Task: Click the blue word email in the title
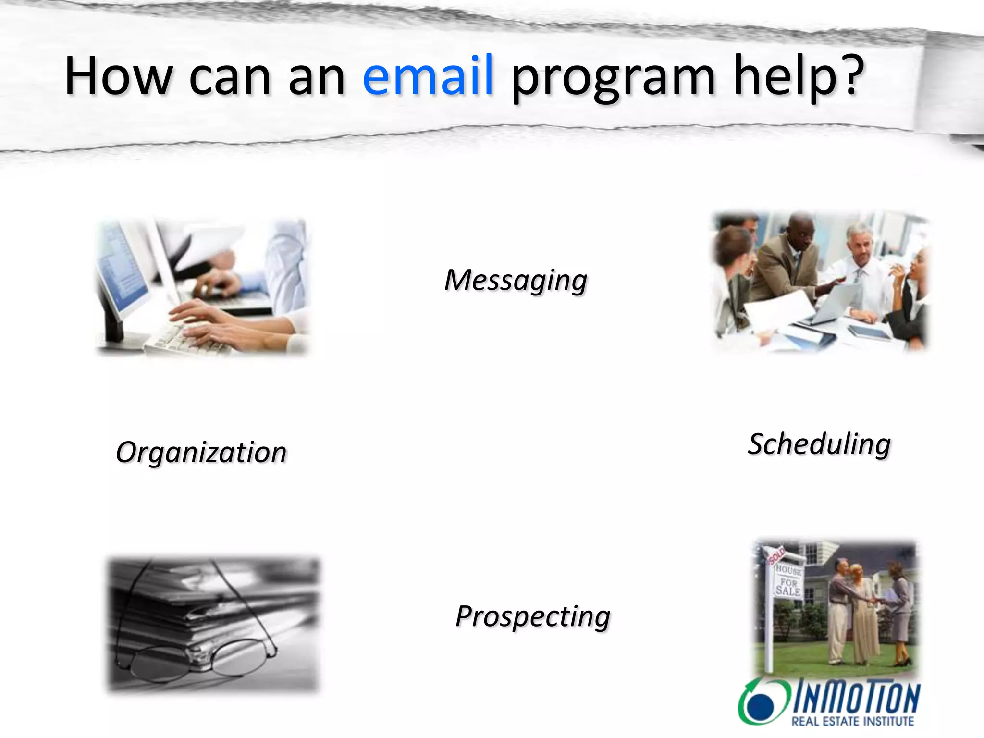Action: [428, 76]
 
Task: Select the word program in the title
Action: [613, 79]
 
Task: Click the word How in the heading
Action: [118, 76]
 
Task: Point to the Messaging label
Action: [516, 280]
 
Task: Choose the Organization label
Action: [201, 453]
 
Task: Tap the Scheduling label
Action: [819, 444]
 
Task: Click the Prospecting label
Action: [532, 616]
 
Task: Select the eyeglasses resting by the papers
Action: [202, 658]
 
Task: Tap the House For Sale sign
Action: [788, 581]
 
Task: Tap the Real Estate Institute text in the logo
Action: [852, 721]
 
